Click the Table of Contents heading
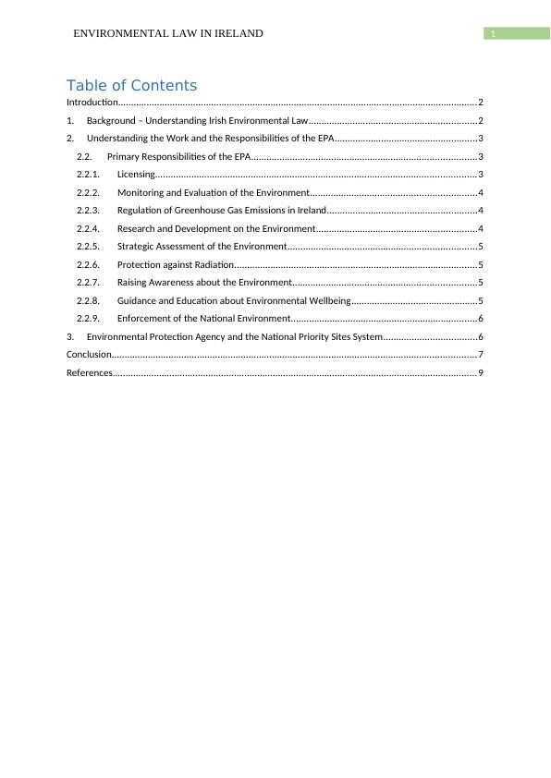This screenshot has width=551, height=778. [131, 85]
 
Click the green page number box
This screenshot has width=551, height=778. [517, 33]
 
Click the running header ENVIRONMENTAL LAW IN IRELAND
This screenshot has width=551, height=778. [168, 33]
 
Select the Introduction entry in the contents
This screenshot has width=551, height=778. [92, 102]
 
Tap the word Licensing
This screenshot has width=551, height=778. [136, 174]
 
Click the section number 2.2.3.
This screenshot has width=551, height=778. [88, 210]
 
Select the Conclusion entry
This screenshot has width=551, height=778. [89, 354]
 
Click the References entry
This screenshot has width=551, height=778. [89, 372]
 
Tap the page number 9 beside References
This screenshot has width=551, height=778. [481, 372]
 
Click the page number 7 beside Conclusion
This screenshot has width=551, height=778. [481, 354]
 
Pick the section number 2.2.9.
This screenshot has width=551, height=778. [88, 318]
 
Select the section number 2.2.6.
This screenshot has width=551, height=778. [88, 264]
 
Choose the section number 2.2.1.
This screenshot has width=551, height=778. [88, 174]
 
